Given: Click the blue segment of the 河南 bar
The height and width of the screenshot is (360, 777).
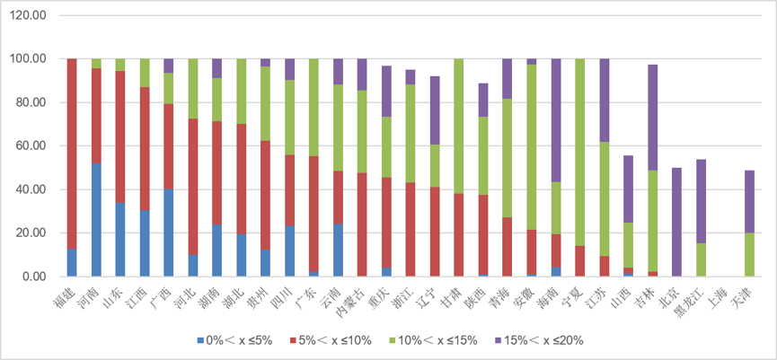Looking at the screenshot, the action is click(96, 219).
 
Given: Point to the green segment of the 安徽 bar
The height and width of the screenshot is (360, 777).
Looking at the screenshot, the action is click(532, 147).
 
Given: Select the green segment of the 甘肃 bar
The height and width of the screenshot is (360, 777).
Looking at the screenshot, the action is click(459, 126).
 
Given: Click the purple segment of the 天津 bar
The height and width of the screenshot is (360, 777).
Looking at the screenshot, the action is click(750, 201).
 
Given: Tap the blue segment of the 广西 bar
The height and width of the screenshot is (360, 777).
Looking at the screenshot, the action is click(169, 233).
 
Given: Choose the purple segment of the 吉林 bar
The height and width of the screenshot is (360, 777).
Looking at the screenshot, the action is click(653, 118).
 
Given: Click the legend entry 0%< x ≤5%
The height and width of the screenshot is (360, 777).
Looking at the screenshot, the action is click(234, 340).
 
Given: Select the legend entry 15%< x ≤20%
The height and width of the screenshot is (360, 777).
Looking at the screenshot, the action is click(539, 340).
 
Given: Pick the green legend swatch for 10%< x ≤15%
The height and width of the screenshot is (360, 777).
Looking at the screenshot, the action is click(393, 340).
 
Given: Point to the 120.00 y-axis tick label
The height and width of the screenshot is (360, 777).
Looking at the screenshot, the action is click(28, 15).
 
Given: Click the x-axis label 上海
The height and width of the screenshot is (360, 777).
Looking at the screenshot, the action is click(719, 294).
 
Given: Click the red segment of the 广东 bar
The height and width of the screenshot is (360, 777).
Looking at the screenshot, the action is click(314, 214).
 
